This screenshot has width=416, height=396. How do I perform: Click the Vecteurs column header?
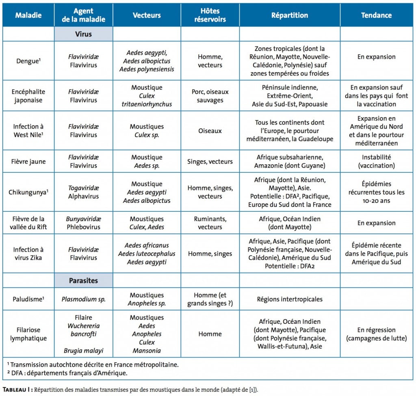pos(147,15)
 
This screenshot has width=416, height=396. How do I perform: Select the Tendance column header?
pos(376,15)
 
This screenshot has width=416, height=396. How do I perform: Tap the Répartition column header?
pos(289,15)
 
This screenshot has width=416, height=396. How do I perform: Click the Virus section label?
pos(83,34)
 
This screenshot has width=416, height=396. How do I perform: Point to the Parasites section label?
pos(83,280)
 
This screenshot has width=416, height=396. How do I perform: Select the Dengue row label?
pos(28,61)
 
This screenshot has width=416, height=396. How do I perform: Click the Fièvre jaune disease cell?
pos(28,161)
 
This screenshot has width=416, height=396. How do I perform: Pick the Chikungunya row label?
pos(28,192)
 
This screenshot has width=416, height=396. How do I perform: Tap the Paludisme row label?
pos(28,299)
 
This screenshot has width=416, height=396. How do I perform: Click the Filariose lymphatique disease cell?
pos(28,334)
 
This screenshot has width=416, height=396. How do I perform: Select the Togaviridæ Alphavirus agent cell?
pos(83,192)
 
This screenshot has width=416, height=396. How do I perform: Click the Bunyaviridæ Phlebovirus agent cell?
pos(83,223)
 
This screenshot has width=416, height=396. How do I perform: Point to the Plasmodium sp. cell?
pos(83,299)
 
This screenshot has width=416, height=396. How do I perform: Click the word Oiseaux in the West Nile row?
pos(210,131)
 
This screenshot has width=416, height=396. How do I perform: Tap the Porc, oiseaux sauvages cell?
pos(210,96)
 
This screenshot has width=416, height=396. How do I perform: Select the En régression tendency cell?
pos(376,334)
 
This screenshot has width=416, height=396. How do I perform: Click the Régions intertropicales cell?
pos(289,299)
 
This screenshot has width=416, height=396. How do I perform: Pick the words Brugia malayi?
pos(83,351)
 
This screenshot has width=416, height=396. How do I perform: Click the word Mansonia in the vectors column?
pos(147,351)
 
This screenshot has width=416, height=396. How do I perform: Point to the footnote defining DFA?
pos(67,373)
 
